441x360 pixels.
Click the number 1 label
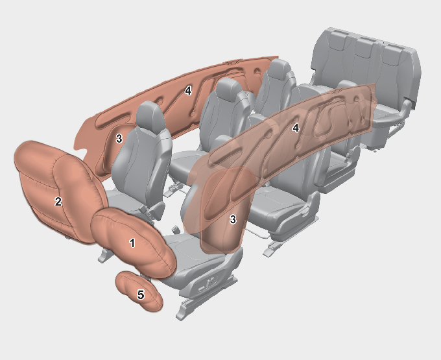click(132, 243)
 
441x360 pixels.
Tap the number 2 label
click(58, 201)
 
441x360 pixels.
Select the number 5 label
click(141, 294)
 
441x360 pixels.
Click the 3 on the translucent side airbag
click(233, 219)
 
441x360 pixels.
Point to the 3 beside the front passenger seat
click(119, 138)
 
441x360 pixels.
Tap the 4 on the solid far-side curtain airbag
click(188, 91)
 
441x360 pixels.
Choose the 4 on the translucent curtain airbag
click(295, 128)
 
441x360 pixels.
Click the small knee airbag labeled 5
click(139, 291)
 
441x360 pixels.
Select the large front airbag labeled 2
click(60, 193)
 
